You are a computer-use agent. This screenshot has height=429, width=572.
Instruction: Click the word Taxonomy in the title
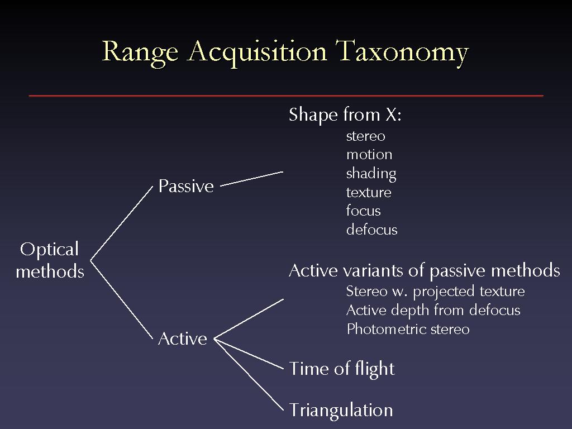click(402, 52)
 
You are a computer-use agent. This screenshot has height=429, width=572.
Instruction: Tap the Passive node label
click(186, 186)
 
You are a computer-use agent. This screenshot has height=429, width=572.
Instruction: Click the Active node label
click(183, 339)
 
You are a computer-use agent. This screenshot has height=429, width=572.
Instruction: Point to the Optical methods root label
click(50, 260)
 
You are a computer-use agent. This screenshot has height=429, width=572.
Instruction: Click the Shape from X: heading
click(345, 115)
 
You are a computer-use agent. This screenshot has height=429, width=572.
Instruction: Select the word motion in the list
click(369, 155)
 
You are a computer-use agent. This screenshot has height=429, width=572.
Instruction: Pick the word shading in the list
click(371, 174)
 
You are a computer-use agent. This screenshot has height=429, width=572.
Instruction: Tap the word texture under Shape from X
click(369, 192)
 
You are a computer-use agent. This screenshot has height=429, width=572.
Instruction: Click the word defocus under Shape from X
click(371, 230)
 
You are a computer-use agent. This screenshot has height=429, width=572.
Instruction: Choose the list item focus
click(363, 211)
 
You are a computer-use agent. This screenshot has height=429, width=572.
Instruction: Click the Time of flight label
click(342, 369)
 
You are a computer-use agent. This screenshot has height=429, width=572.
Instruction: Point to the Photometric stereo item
click(408, 329)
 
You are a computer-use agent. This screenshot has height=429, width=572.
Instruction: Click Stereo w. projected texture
click(436, 292)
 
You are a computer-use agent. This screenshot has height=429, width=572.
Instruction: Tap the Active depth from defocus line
click(433, 311)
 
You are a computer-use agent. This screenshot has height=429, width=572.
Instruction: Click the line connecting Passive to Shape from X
click(252, 179)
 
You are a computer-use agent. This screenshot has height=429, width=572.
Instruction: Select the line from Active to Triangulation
click(249, 375)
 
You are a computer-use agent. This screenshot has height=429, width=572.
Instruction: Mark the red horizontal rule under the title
click(286, 96)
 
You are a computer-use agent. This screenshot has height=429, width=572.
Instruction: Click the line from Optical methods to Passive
click(121, 223)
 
